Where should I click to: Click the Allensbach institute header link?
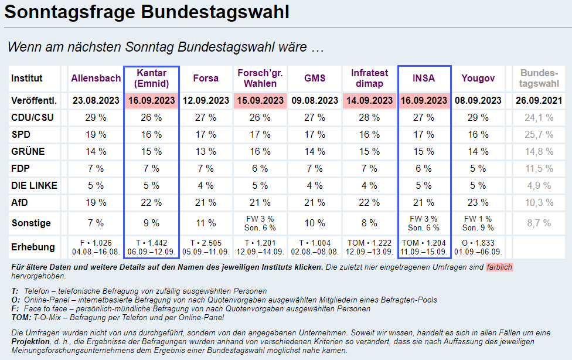96,78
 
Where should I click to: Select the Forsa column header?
206,78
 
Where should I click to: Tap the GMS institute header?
315,78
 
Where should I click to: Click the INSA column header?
424,78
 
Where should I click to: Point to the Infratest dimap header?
369,78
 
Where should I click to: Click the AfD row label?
20,203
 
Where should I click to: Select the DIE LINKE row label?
35,186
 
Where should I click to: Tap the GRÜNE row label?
28,152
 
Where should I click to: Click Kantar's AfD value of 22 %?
151,203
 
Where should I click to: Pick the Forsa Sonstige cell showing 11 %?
206,223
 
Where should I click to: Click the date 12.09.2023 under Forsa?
206,100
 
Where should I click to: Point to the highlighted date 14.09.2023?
369,100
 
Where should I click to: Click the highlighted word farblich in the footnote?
499,267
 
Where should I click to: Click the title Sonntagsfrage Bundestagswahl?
147,12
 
